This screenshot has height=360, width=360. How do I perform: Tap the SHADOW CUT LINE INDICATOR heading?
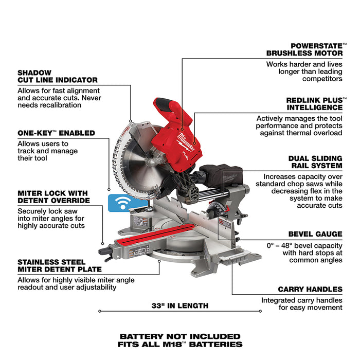(x=57, y=76)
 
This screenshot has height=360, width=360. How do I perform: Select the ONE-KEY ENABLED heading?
(x=56, y=133)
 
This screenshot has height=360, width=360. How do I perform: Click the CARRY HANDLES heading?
(x=310, y=289)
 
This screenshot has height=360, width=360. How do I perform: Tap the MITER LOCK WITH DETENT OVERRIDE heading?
(x=54, y=196)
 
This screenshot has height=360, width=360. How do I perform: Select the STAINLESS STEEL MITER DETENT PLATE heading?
(x=59, y=265)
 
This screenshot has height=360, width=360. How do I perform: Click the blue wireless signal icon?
(x=121, y=203)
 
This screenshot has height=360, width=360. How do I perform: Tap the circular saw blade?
(x=134, y=154)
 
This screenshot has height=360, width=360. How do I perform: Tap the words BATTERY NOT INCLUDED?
(x=180, y=336)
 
